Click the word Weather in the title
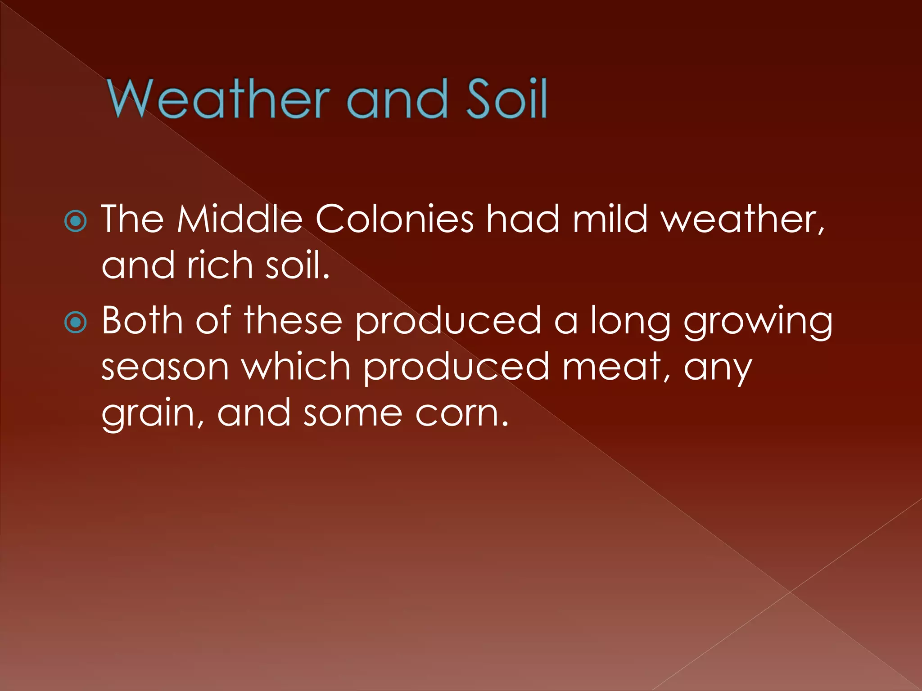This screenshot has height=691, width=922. point(219,99)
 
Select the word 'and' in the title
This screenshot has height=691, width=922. point(397,99)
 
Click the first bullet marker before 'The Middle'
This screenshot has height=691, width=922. point(76,221)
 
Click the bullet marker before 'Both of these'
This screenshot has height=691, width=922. point(76,322)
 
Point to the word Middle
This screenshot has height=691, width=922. point(240,219)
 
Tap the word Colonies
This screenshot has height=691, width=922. point(394,219)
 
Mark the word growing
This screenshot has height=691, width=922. point(758,322)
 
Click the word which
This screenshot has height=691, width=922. point(296,366)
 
